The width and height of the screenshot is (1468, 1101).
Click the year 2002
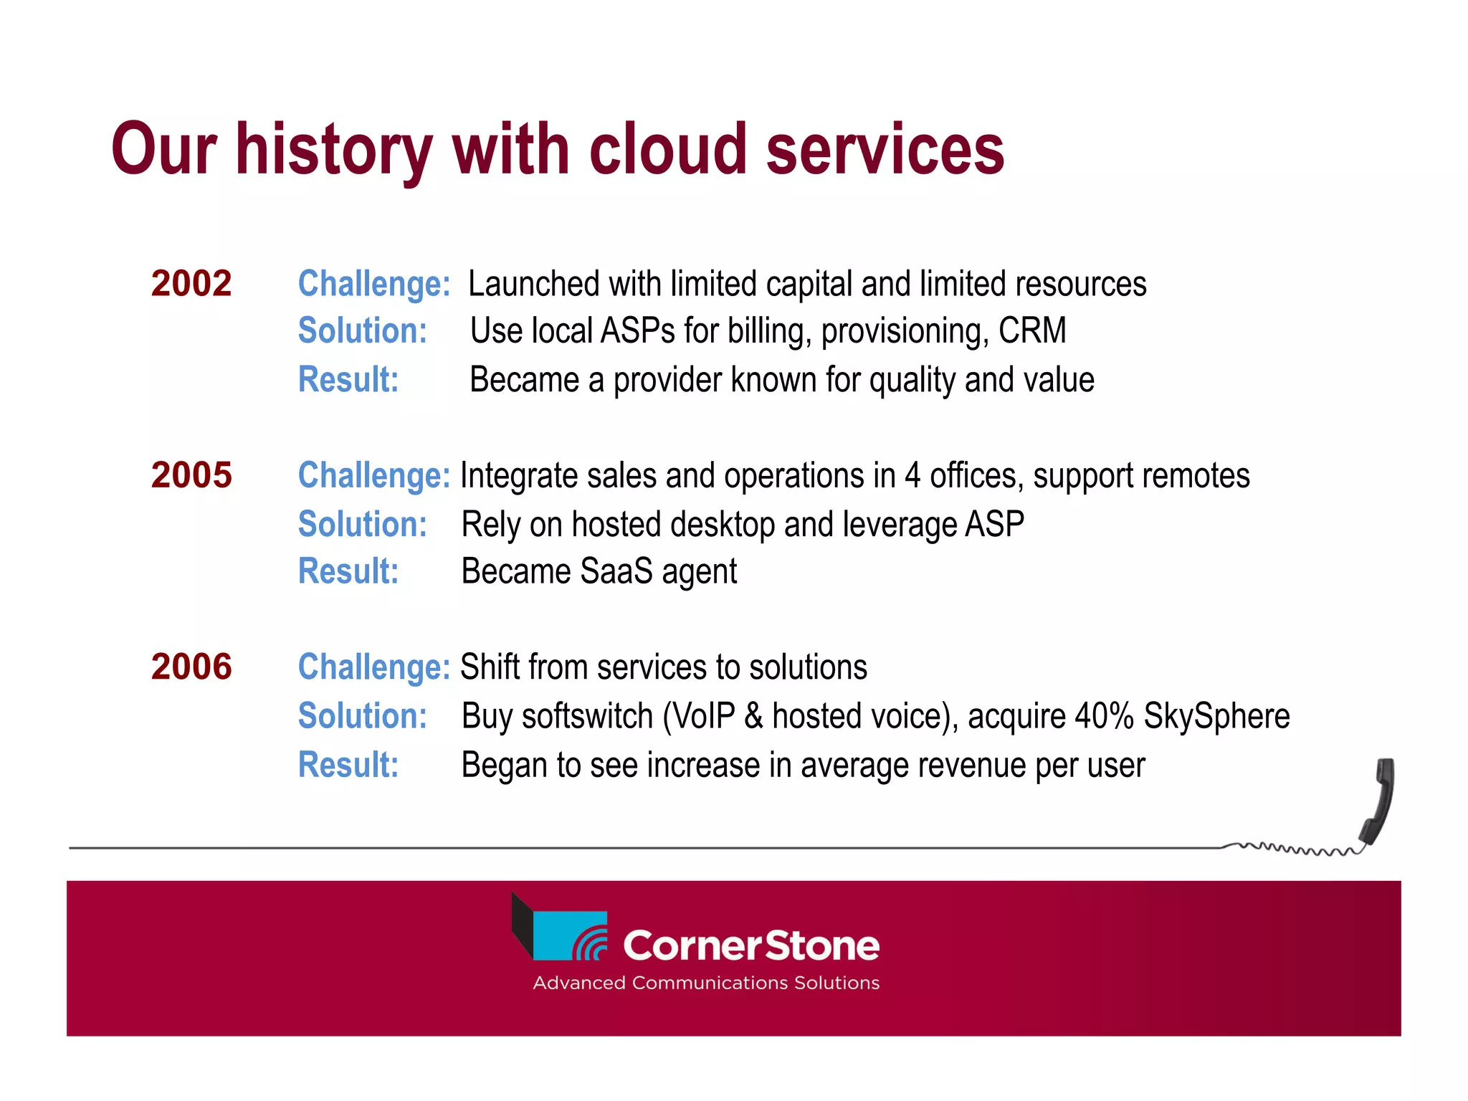click(191, 283)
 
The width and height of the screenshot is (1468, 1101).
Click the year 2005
click(191, 475)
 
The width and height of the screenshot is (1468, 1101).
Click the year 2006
click(191, 667)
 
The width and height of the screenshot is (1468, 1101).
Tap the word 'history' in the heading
click(334, 151)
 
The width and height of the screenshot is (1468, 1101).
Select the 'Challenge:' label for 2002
click(373, 284)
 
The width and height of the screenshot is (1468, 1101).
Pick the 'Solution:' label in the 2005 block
click(362, 524)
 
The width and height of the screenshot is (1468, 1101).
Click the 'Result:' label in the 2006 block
click(348, 764)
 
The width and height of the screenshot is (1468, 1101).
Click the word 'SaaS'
click(616, 571)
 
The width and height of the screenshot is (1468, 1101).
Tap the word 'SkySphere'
click(1216, 716)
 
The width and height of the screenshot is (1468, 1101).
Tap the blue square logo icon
click(570, 935)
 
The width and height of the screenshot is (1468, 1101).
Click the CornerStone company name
click(750, 945)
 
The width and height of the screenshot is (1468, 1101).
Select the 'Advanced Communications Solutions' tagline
click(706, 983)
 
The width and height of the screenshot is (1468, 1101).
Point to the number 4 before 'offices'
click(912, 476)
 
